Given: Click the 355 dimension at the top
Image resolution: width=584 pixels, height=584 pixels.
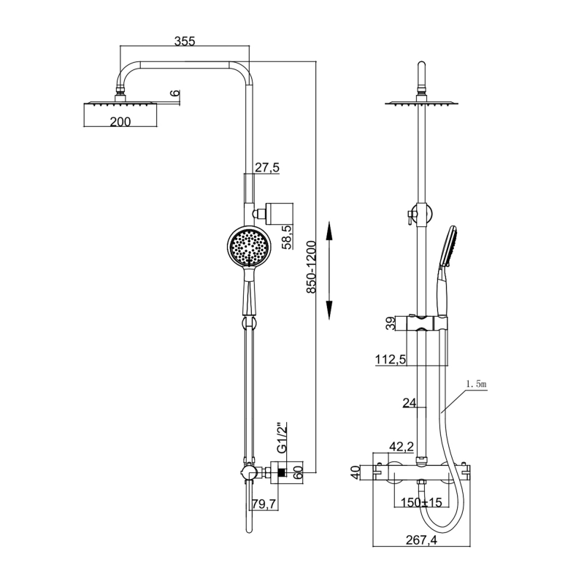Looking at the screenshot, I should [185, 42].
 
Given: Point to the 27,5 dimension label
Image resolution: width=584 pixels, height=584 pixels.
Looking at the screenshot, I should [266, 168].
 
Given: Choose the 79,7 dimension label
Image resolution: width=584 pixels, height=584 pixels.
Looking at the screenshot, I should [264, 504].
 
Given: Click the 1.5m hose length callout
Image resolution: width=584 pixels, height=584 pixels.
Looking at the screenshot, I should [474, 384].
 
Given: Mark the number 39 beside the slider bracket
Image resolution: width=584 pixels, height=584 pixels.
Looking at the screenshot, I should [391, 323].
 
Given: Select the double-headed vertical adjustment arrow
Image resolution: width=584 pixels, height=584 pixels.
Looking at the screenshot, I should [329, 270].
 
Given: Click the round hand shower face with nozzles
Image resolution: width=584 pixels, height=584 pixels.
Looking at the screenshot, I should [250, 248].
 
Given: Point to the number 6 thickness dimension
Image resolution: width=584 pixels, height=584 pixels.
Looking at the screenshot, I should [174, 94].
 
